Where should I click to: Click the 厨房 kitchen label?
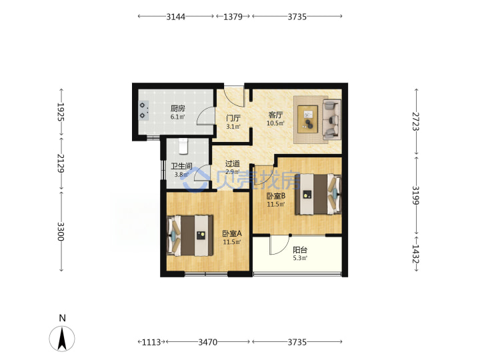(177, 109)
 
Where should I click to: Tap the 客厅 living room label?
(275, 115)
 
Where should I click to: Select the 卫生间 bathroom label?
(181, 166)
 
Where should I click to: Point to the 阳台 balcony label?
(300, 250)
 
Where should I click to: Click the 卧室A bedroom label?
(232, 233)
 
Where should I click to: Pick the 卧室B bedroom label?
(276, 195)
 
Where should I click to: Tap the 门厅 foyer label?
(233, 118)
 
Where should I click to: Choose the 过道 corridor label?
(233, 164)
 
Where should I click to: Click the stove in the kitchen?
(143, 110)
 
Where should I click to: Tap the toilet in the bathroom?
(183, 146)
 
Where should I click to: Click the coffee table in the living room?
(307, 119)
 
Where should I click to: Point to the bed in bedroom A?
(190, 235)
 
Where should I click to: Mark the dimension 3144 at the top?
(176, 17)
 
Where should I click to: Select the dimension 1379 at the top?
(233, 17)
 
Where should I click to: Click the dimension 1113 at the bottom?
(151, 342)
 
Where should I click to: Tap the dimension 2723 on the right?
(415, 121)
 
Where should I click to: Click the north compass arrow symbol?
(62, 339)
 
